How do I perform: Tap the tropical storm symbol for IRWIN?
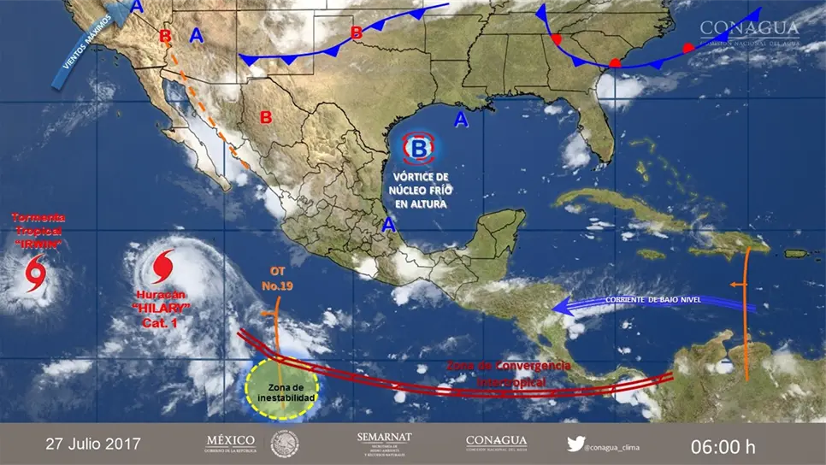(35, 273)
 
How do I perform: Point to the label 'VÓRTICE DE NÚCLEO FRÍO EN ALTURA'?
(418, 189)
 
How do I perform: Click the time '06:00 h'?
(723, 444)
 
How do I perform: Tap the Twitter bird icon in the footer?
(575, 444)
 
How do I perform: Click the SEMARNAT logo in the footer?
(384, 442)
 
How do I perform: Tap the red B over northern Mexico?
(266, 117)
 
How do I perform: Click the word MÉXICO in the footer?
(231, 440)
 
